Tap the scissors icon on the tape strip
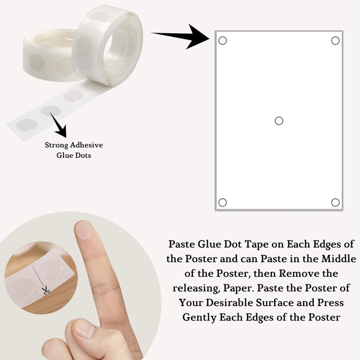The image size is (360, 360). tap(46, 291)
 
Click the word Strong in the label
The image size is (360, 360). tap(57, 145)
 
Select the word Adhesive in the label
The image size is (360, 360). tap(86, 145)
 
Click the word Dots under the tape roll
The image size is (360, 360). tap(83, 155)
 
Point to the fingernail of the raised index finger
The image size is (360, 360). tap(83, 229)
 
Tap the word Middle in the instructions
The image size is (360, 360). tap(338, 259)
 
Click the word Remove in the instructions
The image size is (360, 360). tap(297, 274)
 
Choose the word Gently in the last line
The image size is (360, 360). tap(199, 318)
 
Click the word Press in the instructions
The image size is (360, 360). tap(330, 302)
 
